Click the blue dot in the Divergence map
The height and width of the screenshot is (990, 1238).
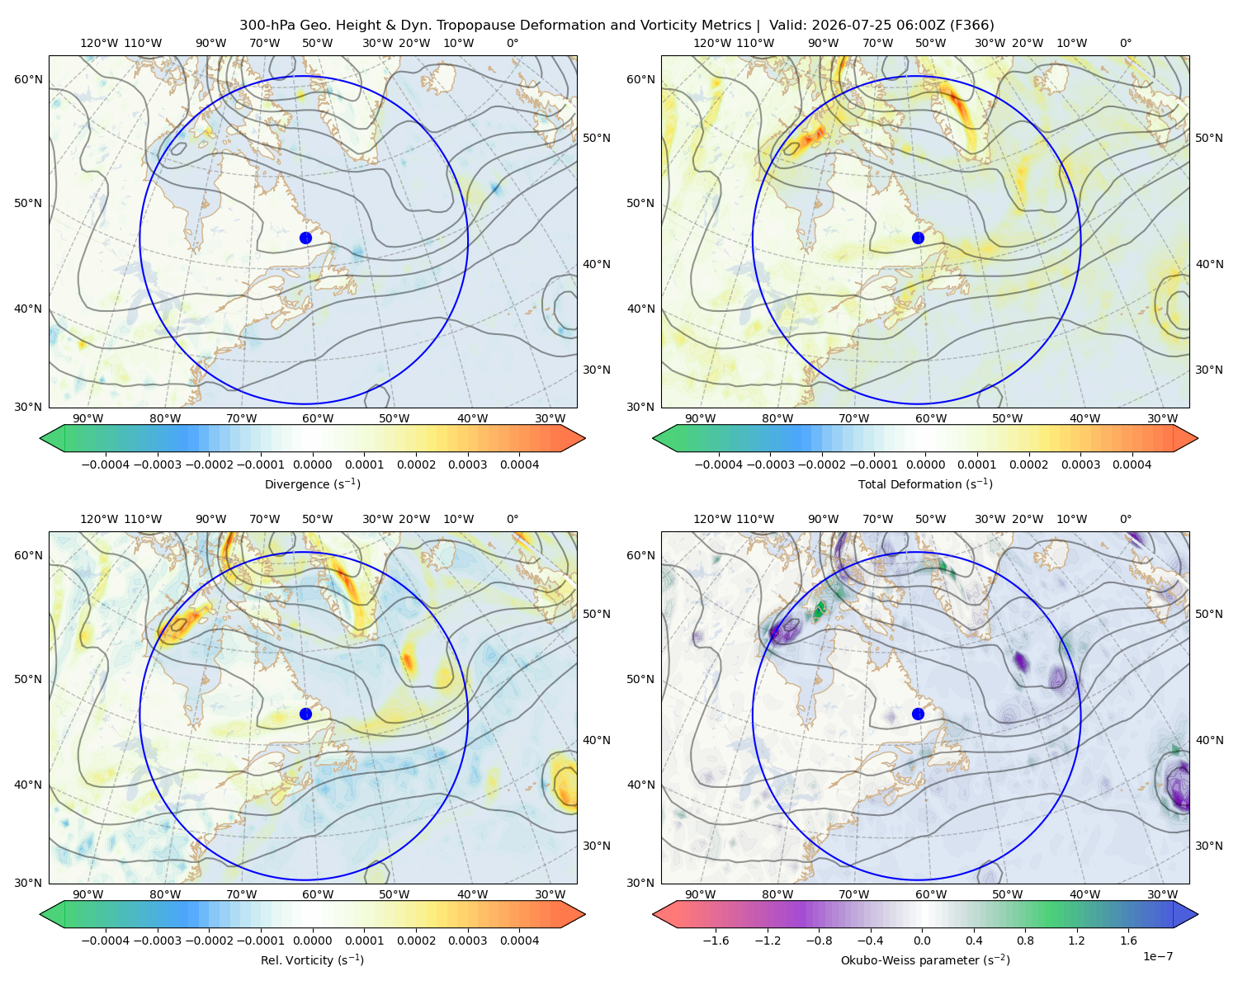[305, 238]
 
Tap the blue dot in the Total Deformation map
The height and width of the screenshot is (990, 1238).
[918, 238]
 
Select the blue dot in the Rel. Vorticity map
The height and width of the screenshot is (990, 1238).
[305, 714]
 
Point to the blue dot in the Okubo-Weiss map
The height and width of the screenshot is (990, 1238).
[918, 714]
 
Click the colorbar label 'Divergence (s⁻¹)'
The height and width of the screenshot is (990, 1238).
[312, 484]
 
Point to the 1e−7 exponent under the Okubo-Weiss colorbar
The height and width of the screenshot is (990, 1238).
[1157, 956]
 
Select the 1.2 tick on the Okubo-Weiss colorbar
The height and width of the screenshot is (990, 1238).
[1076, 940]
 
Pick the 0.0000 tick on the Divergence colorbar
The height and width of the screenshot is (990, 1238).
[312, 464]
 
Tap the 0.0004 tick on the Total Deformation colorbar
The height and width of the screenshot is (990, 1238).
[1132, 464]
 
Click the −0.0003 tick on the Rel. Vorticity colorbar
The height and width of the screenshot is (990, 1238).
[157, 940]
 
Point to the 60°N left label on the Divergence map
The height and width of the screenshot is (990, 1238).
[28, 79]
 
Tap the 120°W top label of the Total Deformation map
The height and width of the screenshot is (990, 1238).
[711, 43]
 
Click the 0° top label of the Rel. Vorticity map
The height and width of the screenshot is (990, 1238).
[513, 519]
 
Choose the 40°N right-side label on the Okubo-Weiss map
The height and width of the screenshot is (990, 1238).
[1209, 740]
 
